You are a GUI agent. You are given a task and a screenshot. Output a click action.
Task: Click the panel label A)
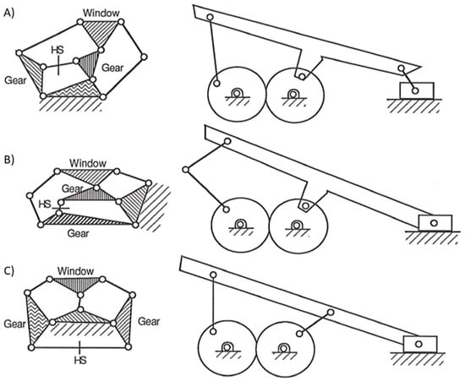[8, 14]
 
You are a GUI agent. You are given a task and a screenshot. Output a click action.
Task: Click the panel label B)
[9, 160]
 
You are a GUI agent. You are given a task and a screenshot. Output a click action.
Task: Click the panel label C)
[9, 271]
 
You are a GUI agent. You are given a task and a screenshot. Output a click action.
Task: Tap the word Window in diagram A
[101, 13]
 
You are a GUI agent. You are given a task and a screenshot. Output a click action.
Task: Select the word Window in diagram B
[88, 163]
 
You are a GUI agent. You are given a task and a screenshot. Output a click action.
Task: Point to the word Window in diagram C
[75, 271]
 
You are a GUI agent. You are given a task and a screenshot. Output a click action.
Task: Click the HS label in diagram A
[57, 50]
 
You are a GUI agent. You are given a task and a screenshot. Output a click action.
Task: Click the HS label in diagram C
[80, 360]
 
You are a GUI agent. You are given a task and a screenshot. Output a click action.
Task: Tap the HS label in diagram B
[45, 204]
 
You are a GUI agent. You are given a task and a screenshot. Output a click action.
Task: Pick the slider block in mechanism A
[417, 90]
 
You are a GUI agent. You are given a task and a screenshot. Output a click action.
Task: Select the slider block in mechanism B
[435, 223]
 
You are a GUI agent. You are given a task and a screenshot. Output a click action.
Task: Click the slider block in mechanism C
[420, 345]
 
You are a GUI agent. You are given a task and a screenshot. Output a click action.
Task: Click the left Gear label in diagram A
[15, 80]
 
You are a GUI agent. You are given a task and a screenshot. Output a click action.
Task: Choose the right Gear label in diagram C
[149, 321]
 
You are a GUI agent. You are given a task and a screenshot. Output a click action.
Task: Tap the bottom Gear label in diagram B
[78, 233]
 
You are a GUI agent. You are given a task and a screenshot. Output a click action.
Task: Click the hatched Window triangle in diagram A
[101, 30]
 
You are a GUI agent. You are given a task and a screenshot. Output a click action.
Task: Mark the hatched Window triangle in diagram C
[77, 285]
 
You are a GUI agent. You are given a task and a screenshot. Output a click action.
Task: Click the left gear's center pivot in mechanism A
[237, 93]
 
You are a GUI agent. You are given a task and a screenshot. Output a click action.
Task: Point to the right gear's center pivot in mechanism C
[283, 348]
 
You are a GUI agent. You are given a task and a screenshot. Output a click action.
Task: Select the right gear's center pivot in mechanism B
[296, 226]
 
